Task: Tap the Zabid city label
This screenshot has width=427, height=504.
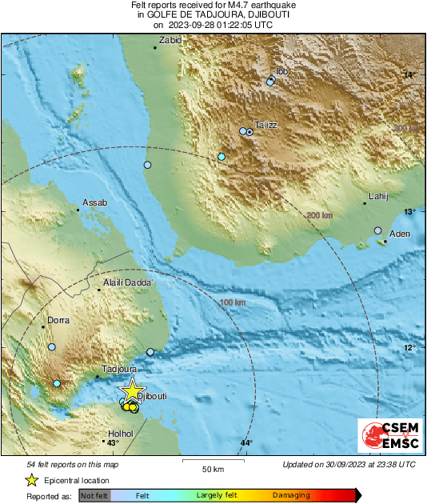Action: click(170, 40)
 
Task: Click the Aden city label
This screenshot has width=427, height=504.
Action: click(399, 234)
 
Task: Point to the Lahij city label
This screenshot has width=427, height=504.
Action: click(377, 195)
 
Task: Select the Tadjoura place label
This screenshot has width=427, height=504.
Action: click(118, 370)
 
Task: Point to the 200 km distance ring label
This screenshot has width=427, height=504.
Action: click(319, 215)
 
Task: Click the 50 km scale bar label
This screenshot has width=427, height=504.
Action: click(211, 469)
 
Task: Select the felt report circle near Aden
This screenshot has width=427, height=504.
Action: click(378, 230)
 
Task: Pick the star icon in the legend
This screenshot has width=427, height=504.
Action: click(31, 480)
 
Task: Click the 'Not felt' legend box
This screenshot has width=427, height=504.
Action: click(94, 496)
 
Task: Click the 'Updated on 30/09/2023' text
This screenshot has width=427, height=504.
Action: click(349, 464)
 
